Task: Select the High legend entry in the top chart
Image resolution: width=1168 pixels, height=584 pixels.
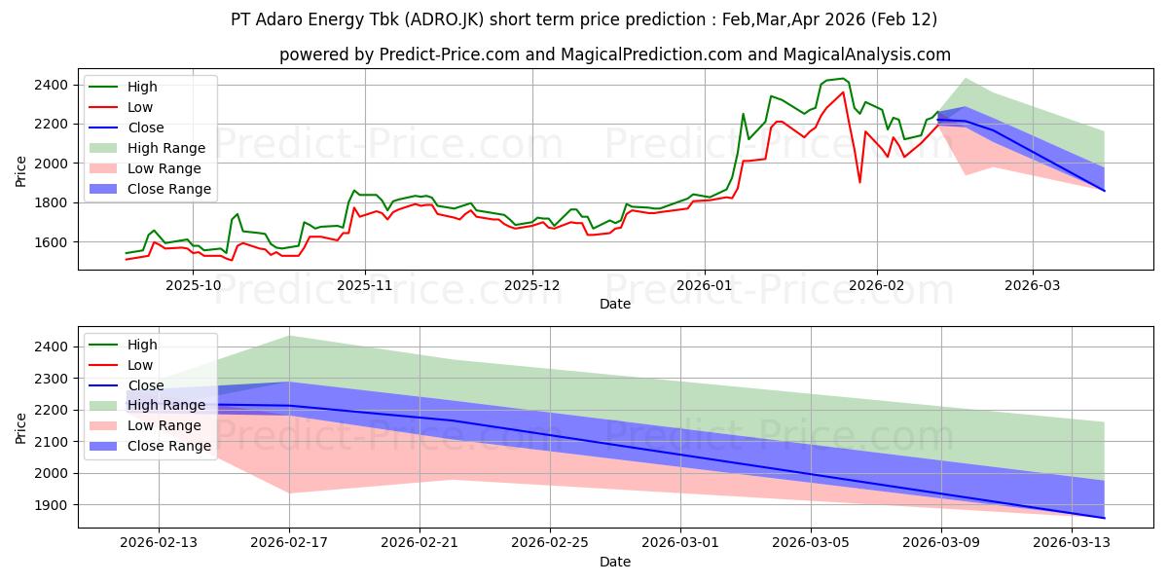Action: [142, 87]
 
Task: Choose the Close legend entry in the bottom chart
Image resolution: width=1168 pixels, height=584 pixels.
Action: [146, 385]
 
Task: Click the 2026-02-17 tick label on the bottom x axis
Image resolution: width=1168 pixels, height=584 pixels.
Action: [289, 542]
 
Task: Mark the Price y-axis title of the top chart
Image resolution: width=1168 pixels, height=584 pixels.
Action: [21, 172]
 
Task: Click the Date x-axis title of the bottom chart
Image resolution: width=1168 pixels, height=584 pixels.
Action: [614, 562]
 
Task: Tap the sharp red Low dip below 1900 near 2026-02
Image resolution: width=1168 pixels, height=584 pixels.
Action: [859, 182]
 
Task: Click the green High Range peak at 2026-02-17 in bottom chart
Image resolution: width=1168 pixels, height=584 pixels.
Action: [289, 336]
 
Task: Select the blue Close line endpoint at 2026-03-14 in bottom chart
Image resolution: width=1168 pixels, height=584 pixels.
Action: [1104, 518]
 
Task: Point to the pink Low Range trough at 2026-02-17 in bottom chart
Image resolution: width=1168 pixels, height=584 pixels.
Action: [289, 492]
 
